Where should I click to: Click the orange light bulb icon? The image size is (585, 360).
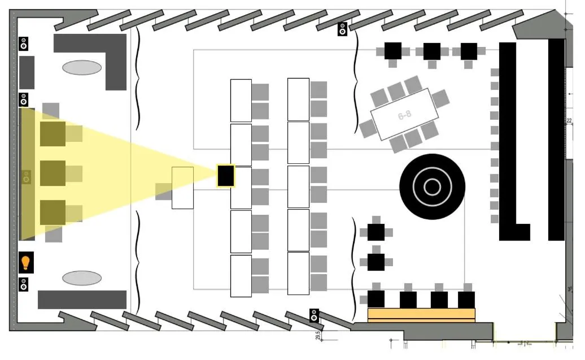(x=25, y=263)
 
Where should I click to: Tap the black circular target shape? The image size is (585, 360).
(x=432, y=186)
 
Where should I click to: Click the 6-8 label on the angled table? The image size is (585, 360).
(x=404, y=115)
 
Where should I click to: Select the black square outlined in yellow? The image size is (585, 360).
(x=225, y=176)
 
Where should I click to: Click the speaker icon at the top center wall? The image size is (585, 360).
(x=342, y=29)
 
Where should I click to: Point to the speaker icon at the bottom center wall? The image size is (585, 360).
(x=315, y=315)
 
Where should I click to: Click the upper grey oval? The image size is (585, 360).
(x=82, y=68)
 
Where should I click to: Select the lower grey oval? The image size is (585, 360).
(x=82, y=278)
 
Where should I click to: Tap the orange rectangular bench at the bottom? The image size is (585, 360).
(x=421, y=315)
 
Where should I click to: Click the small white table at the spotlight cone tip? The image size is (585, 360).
(x=182, y=188)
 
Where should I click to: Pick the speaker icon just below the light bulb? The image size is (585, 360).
(x=24, y=284)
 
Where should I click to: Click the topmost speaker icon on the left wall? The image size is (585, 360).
(x=24, y=44)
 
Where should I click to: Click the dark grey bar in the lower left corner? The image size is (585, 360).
(x=82, y=300)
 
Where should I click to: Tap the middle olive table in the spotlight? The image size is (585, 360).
(x=53, y=173)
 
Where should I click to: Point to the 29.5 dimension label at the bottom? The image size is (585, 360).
(x=318, y=336)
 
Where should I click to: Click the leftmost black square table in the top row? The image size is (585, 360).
(x=392, y=51)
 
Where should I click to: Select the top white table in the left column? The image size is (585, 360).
(x=241, y=100)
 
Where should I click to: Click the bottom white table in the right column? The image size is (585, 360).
(x=298, y=273)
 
